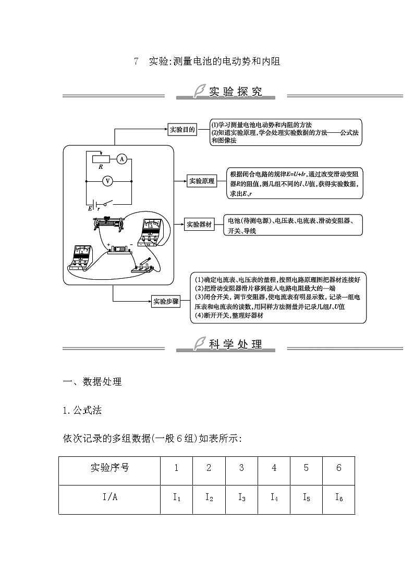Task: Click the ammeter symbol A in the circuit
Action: [120, 159]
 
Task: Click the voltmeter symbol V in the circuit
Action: [108, 181]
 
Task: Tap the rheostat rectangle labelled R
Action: [101, 159]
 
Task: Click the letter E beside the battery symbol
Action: [90, 208]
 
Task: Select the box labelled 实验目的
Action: [182, 130]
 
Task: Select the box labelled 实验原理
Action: [202, 181]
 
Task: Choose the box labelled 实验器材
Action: [200, 225]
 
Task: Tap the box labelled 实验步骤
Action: [166, 301]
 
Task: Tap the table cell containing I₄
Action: [274, 498]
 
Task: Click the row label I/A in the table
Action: [110, 498]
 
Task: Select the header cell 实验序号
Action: [110, 468]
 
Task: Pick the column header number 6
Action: [338, 468]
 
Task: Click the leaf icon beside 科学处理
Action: [199, 343]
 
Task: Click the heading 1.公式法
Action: [82, 410]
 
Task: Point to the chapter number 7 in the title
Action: [136, 61]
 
